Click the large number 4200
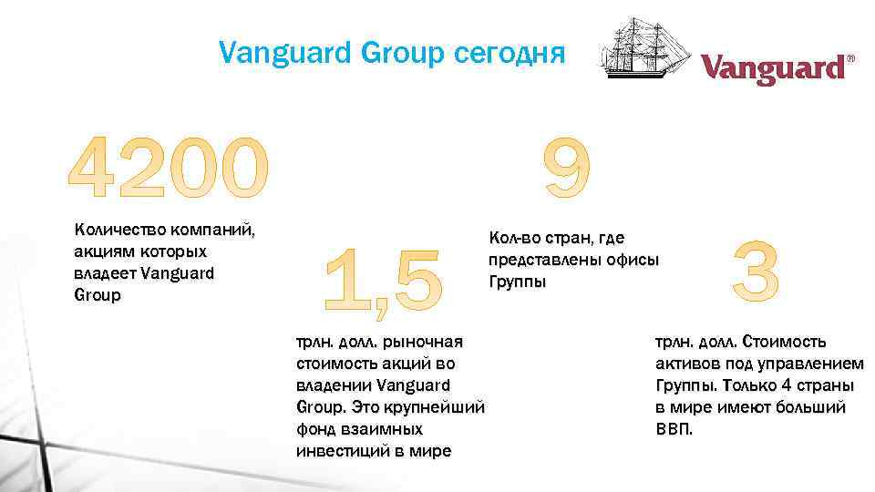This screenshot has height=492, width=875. pyautogui.click(x=170, y=169)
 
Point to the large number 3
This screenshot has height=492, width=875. pyautogui.click(x=756, y=272)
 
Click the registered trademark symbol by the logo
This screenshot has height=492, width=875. pyautogui.click(x=851, y=58)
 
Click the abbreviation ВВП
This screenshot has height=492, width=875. pyautogui.click(x=674, y=428)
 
